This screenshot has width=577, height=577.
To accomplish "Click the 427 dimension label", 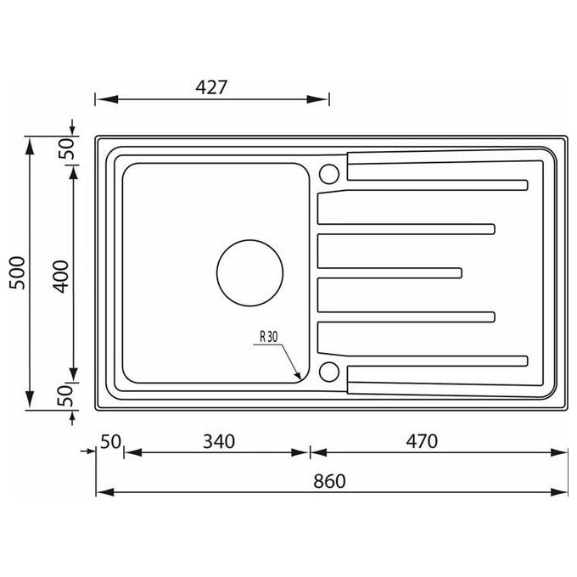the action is pos(211,87).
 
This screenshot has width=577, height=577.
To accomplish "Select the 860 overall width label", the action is pos(329,481).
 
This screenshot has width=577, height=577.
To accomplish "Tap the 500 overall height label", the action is pos(17,273).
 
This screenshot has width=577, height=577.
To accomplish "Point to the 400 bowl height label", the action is pos(61,277).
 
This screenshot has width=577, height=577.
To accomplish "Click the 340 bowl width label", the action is pos(219,441).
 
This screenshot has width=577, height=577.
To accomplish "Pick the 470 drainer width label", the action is pos(422,441).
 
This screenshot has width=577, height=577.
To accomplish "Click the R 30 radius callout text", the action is pos(269,336).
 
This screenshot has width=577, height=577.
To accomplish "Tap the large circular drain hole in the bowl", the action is pos(249,273).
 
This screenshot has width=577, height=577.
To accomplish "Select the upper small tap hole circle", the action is pos(329,174).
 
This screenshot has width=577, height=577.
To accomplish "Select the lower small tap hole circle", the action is pos(329,372).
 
